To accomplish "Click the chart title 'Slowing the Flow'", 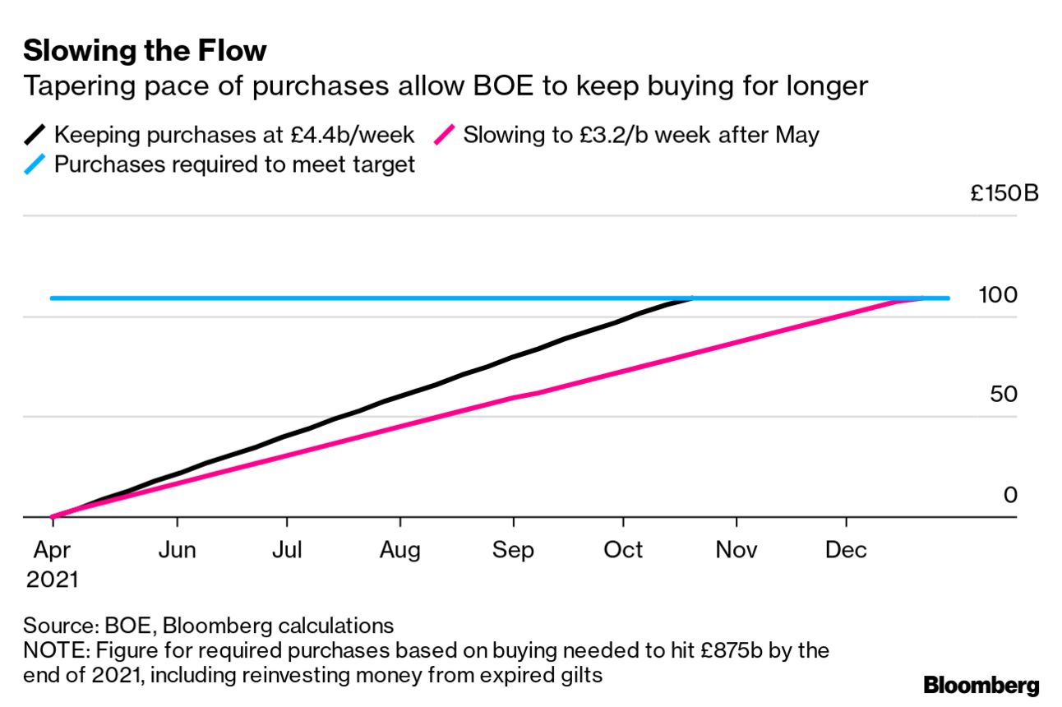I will pyautogui.click(x=145, y=51).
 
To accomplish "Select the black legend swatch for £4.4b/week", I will pyautogui.click(x=37, y=134).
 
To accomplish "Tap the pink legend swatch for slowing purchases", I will pyautogui.click(x=446, y=134).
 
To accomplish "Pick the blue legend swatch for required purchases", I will pyautogui.click(x=37, y=164).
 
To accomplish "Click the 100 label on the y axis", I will pyautogui.click(x=998, y=294).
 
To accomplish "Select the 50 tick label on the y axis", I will pyautogui.click(x=1004, y=395).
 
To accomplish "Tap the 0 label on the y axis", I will pyautogui.click(x=1010, y=495).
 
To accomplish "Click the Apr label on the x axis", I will pyautogui.click(x=52, y=549).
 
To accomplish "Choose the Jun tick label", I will pyautogui.click(x=178, y=549).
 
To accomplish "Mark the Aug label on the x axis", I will pyautogui.click(x=399, y=549).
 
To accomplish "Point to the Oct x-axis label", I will pyautogui.click(x=623, y=549).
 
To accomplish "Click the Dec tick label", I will pyautogui.click(x=847, y=549).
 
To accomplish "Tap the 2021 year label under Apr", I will pyautogui.click(x=52, y=580).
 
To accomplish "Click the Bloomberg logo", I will pyautogui.click(x=981, y=685).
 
